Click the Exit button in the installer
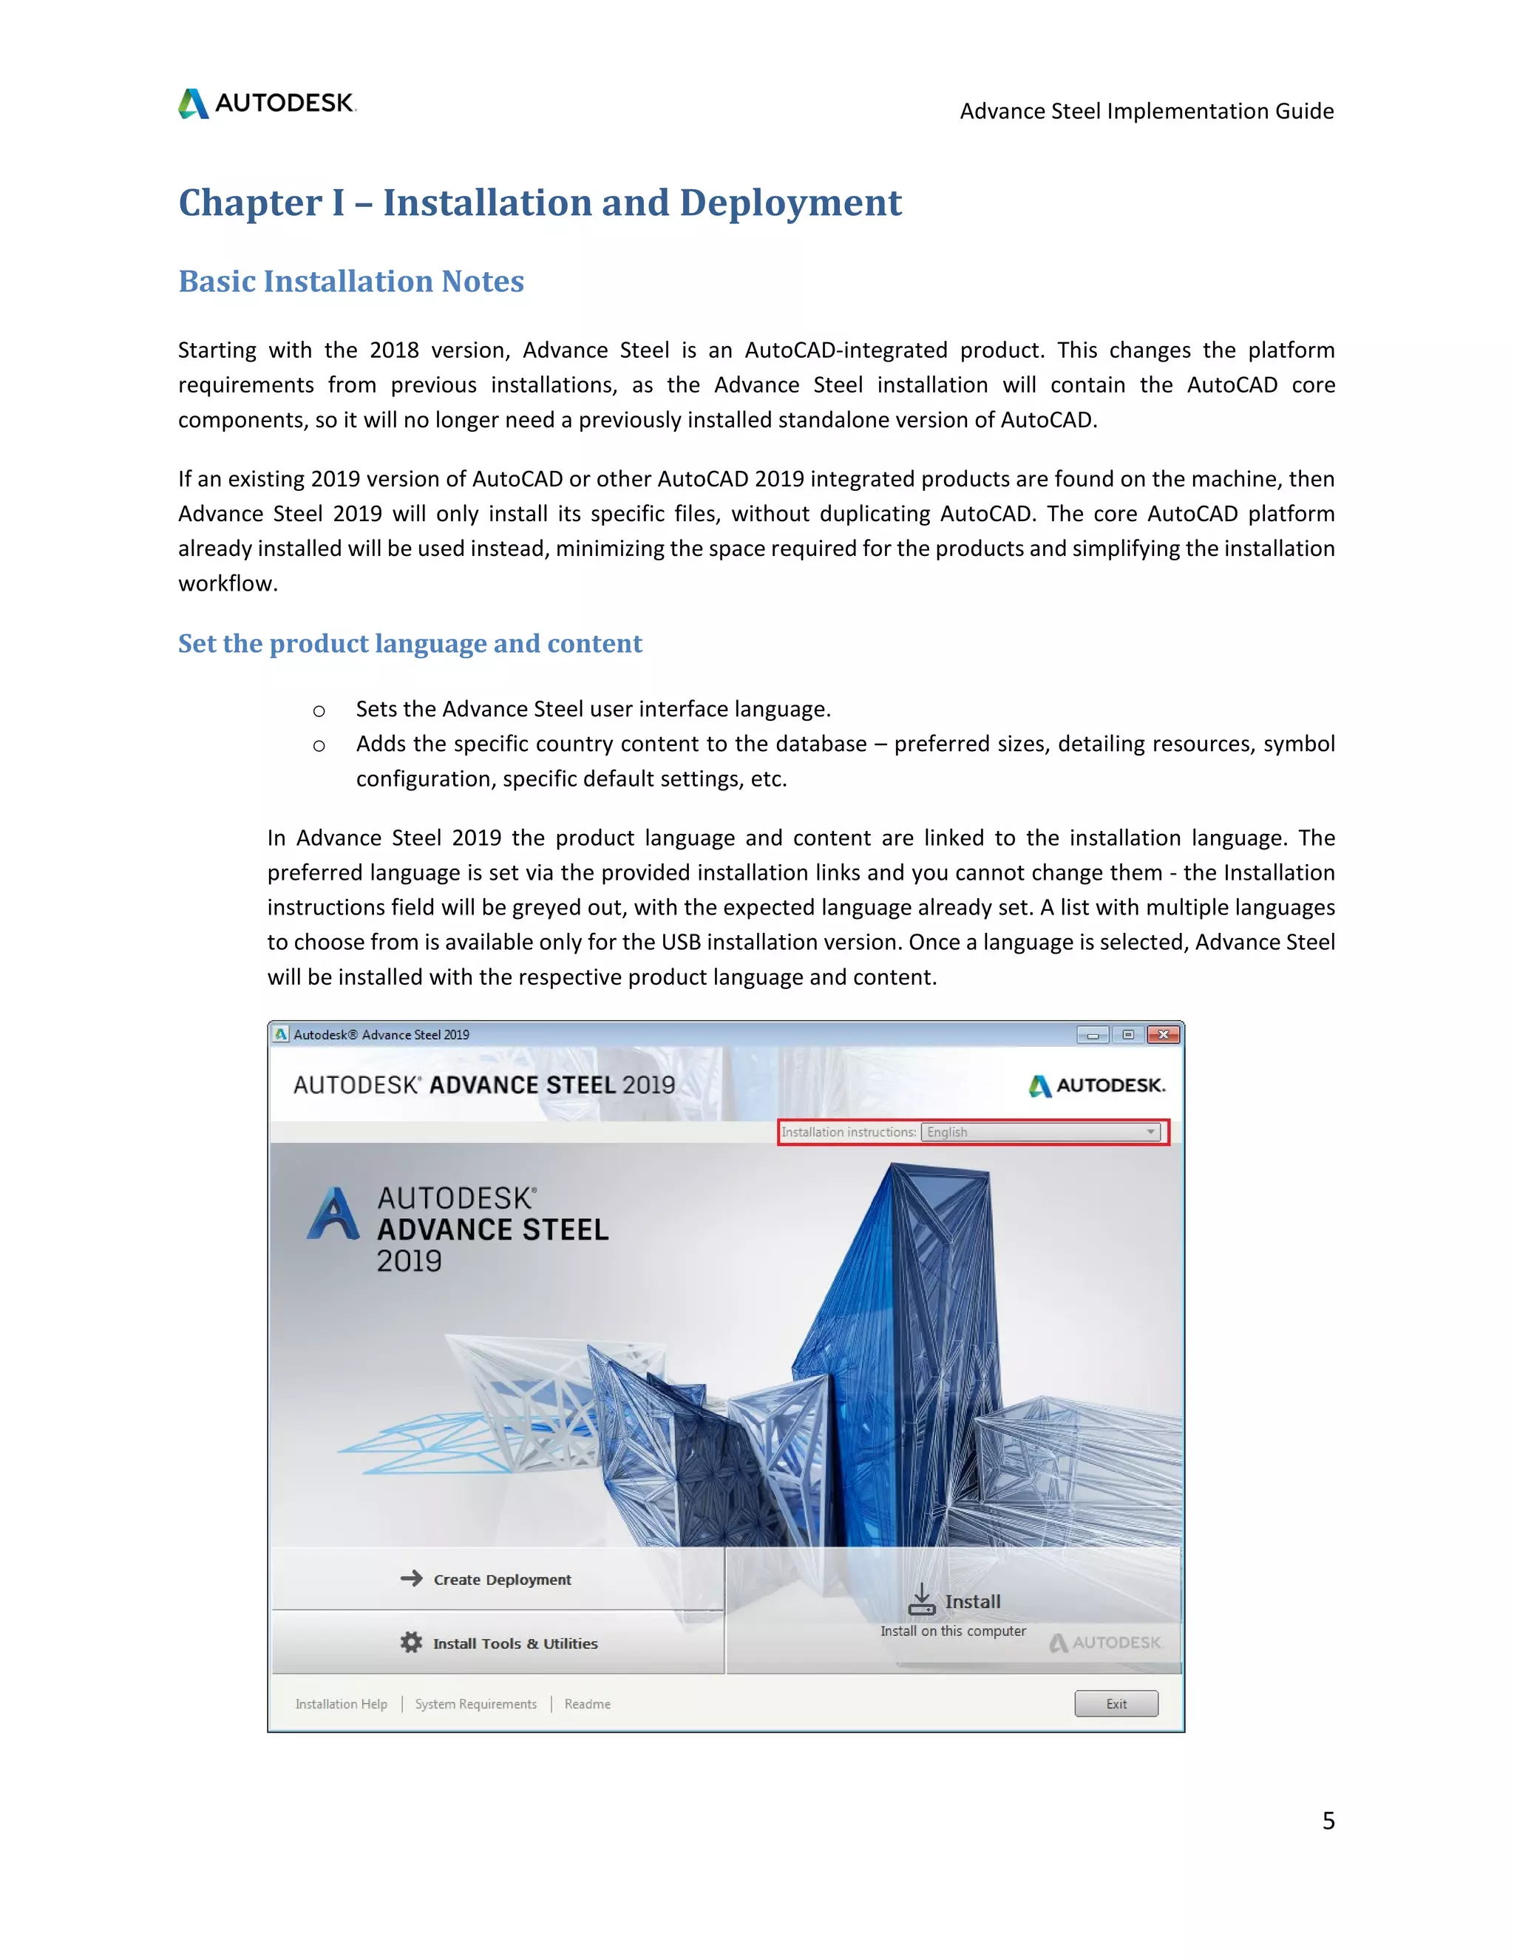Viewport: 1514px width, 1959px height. tap(1116, 1703)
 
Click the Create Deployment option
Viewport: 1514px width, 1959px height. tap(501, 1580)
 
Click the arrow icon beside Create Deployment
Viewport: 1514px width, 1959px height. tap(412, 1578)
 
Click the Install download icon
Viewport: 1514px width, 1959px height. tap(921, 1599)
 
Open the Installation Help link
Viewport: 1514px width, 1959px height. tap(341, 1704)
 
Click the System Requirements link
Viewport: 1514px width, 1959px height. tap(475, 1704)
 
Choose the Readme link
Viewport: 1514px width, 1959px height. tap(588, 1704)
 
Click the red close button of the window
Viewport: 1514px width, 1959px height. tap(1164, 1034)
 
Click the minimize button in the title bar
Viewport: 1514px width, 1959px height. tap(1093, 1034)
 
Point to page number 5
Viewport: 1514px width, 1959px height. tap(1328, 1820)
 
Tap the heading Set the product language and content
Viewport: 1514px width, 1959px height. tap(410, 643)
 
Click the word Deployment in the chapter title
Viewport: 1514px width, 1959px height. tap(790, 203)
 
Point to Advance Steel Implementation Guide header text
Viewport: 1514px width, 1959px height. tap(1147, 111)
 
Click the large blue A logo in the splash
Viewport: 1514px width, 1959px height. tap(333, 1214)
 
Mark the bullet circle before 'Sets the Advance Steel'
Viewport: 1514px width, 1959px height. tap(319, 711)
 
